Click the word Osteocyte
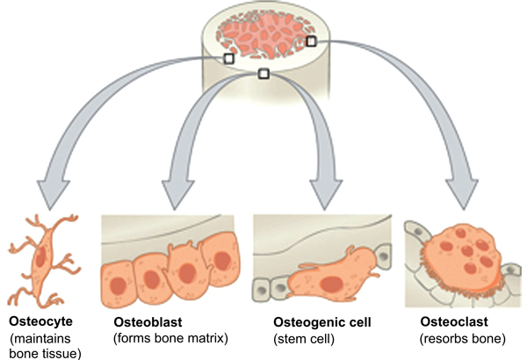[40, 321]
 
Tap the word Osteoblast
[148, 322]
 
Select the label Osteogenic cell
[322, 322]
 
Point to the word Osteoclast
[454, 321]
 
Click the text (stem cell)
[304, 339]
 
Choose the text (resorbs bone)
[463, 338]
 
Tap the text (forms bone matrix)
[170, 338]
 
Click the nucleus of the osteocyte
[40, 257]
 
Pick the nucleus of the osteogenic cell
[331, 284]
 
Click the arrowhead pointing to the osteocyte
[53, 194]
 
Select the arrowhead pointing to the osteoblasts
[177, 194]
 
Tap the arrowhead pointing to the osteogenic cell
[325, 194]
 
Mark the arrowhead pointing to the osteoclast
[462, 194]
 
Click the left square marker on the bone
[229, 59]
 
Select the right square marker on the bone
[311, 41]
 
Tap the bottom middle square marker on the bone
[263, 74]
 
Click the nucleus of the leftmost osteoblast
[118, 285]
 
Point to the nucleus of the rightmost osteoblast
[222, 261]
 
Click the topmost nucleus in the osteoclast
[460, 233]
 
